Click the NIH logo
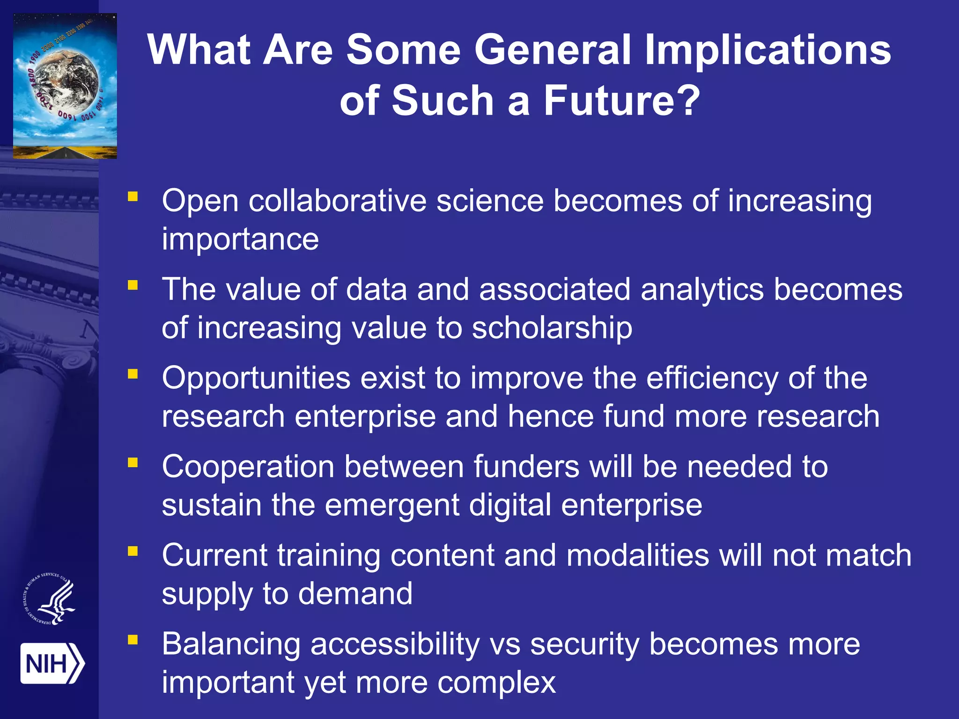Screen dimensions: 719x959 (52, 663)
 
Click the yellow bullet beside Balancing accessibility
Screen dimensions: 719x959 (133, 639)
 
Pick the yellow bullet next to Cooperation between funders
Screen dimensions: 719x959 (133, 462)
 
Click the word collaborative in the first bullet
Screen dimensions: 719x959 (337, 201)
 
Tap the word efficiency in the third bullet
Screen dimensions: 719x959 (712, 378)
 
